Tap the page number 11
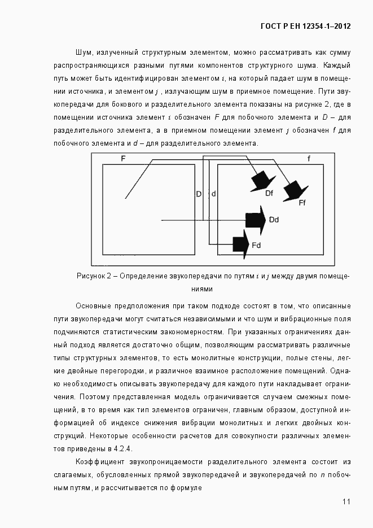[x=346, y=501]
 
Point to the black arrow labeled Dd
[x=256, y=219]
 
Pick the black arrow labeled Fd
[x=241, y=244]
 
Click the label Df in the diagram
[x=269, y=193]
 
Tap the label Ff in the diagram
[x=302, y=203]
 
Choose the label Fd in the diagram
[x=256, y=245]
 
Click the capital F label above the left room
[x=123, y=159]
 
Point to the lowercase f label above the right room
[x=308, y=159]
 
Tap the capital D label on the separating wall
[x=199, y=194]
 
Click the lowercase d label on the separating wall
[x=213, y=194]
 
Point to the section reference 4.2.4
[x=122, y=448]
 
